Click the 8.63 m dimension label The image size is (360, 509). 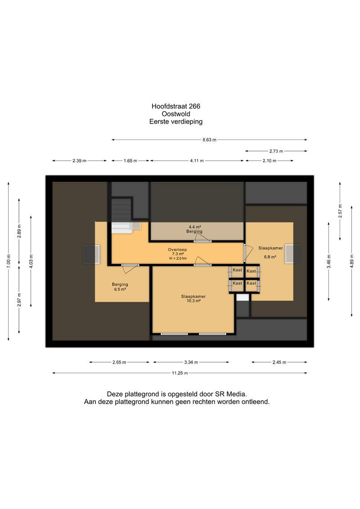point(209,140)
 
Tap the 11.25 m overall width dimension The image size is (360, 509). point(180,373)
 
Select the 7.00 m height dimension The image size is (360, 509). point(9,261)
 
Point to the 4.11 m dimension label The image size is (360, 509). point(197,161)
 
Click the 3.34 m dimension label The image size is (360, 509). point(191,362)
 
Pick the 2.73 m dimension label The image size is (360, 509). point(276,151)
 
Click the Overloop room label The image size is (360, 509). point(177,250)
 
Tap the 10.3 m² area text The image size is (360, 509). point(193,301)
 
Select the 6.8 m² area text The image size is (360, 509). point(270,257)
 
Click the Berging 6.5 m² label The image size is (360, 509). point(120,287)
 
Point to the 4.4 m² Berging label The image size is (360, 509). point(194,229)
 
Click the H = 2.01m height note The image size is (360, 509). point(178,258)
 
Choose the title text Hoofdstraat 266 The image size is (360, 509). point(176,106)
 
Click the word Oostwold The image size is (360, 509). point(176,114)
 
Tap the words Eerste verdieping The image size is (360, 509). point(176,122)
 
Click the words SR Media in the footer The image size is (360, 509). point(231,394)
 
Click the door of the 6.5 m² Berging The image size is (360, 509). point(130,267)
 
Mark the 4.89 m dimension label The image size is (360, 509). point(351,261)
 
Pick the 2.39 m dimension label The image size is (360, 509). point(80,161)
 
